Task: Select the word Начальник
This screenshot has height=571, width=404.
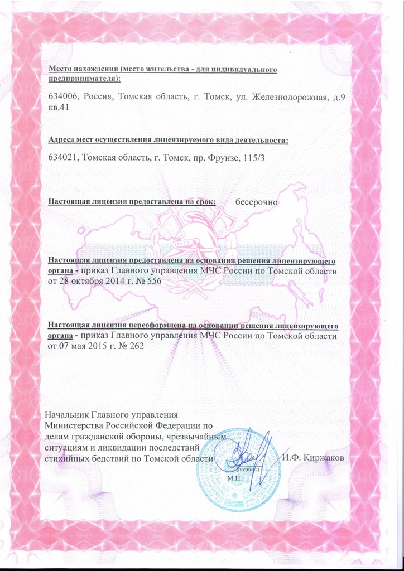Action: pos(65,415)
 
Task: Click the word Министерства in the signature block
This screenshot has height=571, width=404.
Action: pos(75,426)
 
